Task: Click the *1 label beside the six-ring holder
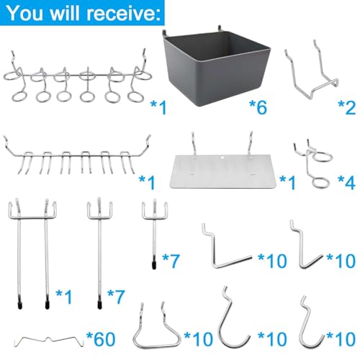coord(158,108)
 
